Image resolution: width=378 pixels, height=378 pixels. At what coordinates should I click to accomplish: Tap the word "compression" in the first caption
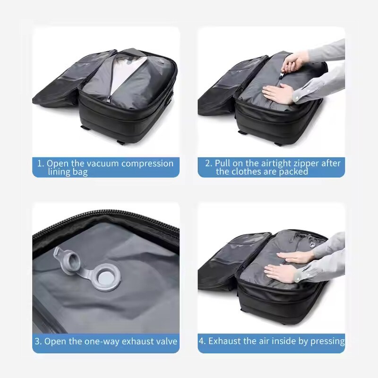click(x=147, y=163)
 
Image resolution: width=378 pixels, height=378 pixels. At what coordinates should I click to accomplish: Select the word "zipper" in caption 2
click(x=304, y=163)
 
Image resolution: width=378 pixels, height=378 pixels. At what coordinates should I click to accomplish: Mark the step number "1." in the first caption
click(x=41, y=163)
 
